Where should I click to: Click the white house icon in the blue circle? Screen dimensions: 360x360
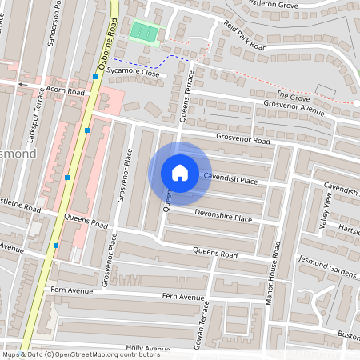tap(180, 172)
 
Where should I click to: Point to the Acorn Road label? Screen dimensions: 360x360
tap(65, 91)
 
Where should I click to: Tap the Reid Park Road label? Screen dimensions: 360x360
tap(245, 35)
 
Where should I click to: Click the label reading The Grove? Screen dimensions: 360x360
tap(293, 97)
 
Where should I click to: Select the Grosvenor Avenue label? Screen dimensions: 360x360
tap(294, 107)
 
